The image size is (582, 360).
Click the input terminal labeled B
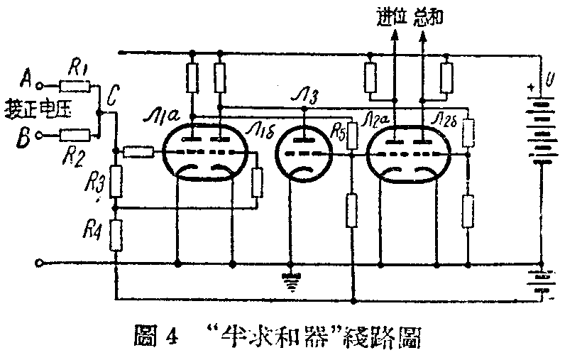coord(40,133)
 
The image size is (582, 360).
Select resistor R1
coord(75,86)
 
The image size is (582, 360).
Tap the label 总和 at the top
coord(428,16)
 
